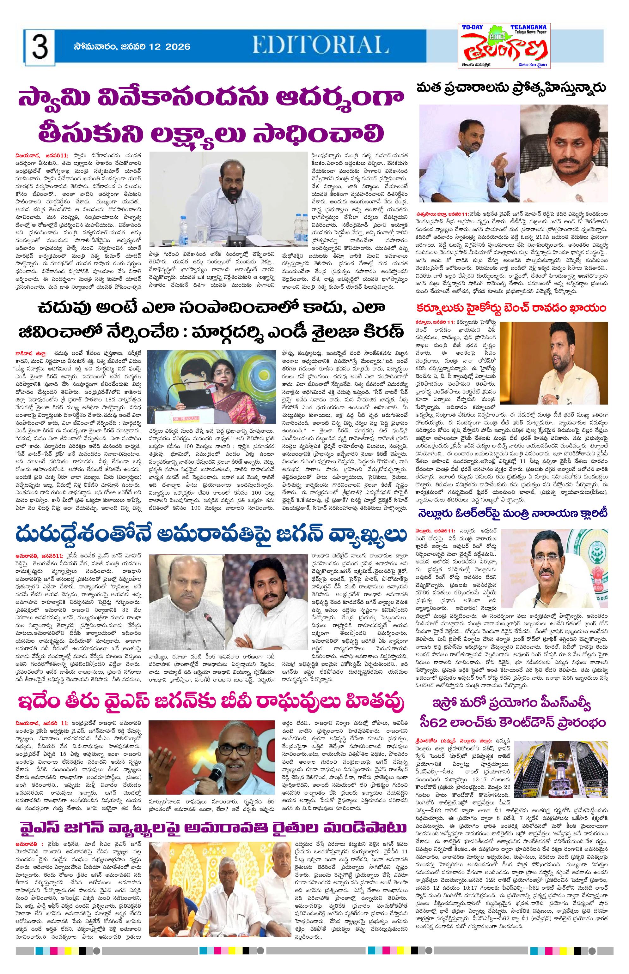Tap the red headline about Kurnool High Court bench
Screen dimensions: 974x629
coord(510,307)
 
